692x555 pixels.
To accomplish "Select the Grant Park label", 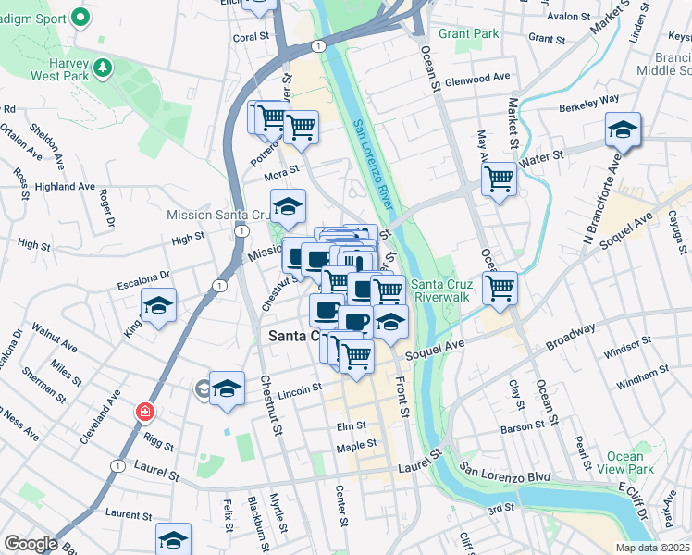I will pos(469,33).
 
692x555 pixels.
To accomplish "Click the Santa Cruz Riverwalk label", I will pos(441,290).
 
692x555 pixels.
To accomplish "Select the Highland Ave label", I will pos(66,186).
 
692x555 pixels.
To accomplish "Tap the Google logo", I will pos(31,544).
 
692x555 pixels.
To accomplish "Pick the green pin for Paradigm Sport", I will pos(80,17).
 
